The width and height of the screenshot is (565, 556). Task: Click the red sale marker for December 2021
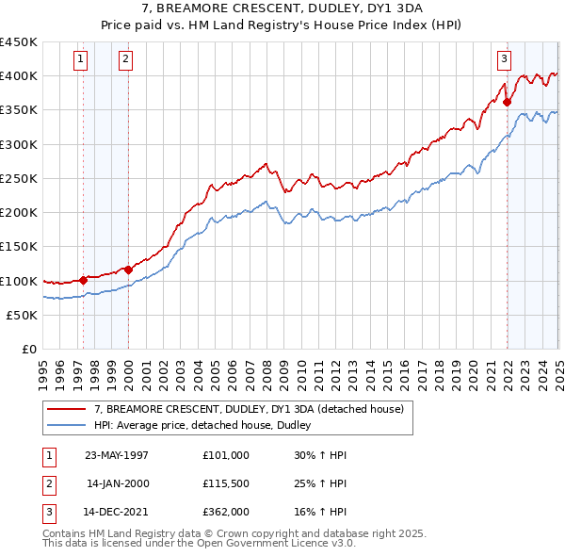508,102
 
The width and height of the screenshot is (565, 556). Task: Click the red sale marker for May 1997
83,279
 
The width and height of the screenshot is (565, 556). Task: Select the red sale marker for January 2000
129,270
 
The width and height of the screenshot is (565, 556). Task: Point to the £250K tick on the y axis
19,178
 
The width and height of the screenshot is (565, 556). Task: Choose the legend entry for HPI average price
208,425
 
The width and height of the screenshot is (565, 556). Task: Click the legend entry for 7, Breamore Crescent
249,409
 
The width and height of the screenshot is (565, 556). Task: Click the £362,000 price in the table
225,515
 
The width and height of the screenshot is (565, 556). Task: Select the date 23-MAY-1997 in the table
116,454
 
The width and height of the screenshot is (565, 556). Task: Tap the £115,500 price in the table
225,484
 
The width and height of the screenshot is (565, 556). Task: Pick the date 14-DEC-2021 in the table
116,515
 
